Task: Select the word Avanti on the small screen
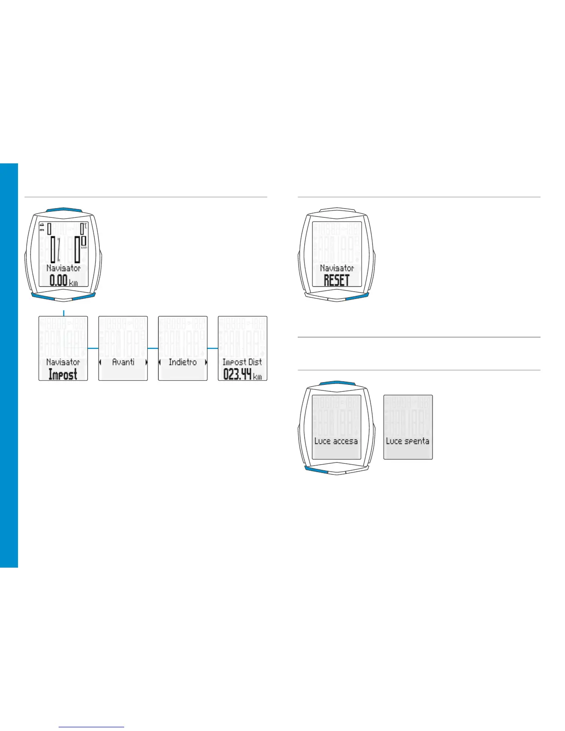point(123,362)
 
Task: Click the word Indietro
point(183,362)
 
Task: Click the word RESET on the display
point(336,280)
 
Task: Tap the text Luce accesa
point(336,441)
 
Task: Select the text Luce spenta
point(408,441)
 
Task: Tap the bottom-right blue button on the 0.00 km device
point(84,296)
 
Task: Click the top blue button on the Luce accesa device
point(337,383)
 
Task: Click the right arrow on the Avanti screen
point(146,363)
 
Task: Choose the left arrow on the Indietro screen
point(160,363)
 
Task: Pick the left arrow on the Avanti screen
point(100,363)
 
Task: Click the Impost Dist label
point(242,362)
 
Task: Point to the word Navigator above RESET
point(337,268)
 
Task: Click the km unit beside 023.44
point(258,377)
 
